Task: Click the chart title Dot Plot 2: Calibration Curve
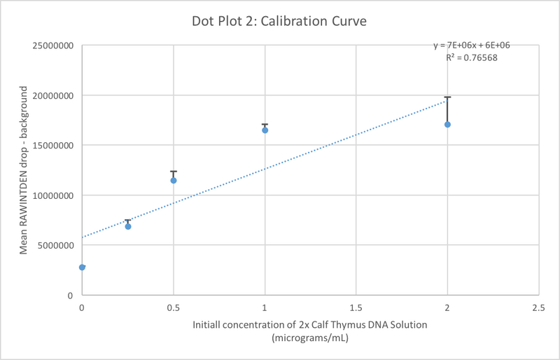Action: point(279,22)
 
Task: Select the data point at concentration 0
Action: point(83,267)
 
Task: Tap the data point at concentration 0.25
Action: point(128,226)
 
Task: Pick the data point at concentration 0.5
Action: point(174,181)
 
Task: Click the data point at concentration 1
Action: point(265,130)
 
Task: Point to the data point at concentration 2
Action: point(447,125)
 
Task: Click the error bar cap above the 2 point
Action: point(447,97)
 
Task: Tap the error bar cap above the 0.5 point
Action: point(174,172)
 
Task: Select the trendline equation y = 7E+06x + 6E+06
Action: point(471,46)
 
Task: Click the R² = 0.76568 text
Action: point(471,57)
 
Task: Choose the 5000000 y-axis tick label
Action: point(53,246)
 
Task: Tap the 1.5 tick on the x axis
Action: point(356,307)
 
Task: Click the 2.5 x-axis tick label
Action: point(538,307)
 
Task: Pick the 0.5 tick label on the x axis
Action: point(174,307)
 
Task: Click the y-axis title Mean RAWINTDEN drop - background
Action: point(23,170)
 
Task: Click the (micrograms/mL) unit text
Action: point(309,337)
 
